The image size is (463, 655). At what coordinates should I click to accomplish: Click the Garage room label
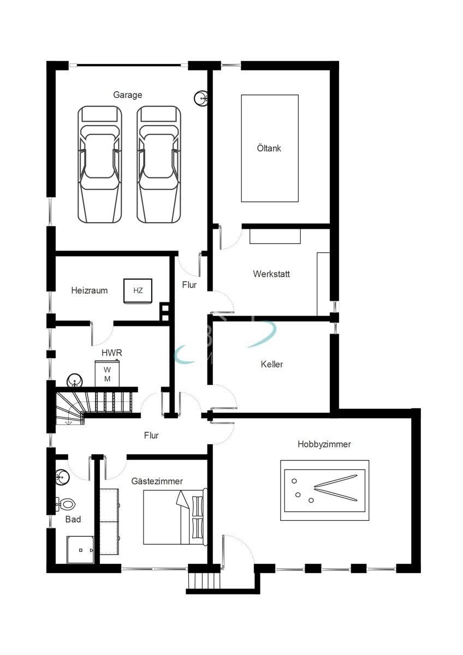pyautogui.click(x=127, y=95)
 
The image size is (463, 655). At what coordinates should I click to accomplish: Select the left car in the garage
pyautogui.click(x=99, y=164)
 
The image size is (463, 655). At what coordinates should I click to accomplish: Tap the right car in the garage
pyautogui.click(x=159, y=164)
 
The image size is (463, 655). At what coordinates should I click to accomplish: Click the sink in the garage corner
pyautogui.click(x=200, y=98)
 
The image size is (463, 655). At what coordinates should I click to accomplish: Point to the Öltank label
pyautogui.click(x=269, y=148)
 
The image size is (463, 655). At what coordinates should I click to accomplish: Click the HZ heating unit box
pyautogui.click(x=138, y=290)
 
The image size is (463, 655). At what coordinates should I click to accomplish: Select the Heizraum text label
pyautogui.click(x=89, y=290)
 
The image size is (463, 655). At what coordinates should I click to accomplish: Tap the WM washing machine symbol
pyautogui.click(x=108, y=374)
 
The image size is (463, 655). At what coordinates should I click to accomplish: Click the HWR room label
pyautogui.click(x=111, y=353)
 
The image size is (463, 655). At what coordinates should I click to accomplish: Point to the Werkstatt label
pyautogui.click(x=271, y=273)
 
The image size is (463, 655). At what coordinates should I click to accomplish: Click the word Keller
pyautogui.click(x=272, y=364)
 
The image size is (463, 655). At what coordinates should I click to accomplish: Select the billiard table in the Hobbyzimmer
pyautogui.click(x=324, y=486)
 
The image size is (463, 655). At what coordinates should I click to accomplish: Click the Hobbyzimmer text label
pyautogui.click(x=324, y=444)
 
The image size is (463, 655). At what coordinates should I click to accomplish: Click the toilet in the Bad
pyautogui.click(x=66, y=503)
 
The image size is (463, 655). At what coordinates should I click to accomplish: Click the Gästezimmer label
pyautogui.click(x=157, y=481)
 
